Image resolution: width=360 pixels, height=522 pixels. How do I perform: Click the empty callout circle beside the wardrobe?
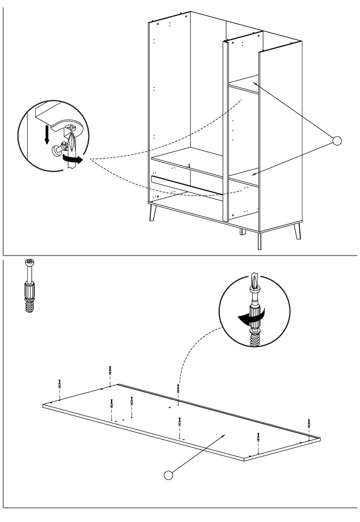(337, 141)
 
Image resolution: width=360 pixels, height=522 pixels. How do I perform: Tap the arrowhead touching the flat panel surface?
(223, 436)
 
